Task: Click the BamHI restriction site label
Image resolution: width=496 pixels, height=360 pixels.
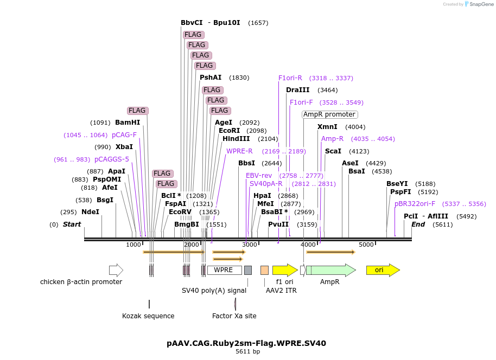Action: point(128,123)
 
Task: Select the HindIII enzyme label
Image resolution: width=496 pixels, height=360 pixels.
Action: point(236,139)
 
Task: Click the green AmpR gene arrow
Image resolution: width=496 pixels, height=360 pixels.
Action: point(330,270)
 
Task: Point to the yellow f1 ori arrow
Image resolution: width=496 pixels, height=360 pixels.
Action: point(284,270)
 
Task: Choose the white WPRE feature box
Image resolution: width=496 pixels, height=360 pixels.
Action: point(224,270)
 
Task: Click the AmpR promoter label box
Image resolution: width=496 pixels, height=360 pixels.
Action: point(329,114)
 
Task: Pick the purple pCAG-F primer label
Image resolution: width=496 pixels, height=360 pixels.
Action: point(124,135)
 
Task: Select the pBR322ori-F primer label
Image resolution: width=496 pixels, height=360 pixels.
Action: point(415,204)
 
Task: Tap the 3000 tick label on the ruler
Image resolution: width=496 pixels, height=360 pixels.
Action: point(249,245)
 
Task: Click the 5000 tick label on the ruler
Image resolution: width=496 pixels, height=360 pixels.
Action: point(366,245)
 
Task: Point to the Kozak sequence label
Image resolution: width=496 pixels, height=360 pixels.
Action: point(148,316)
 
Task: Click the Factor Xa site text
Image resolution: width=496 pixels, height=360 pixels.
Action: point(234,316)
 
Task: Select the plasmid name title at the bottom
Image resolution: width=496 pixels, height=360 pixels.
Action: point(246,343)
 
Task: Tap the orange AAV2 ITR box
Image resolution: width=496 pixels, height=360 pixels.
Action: point(264,270)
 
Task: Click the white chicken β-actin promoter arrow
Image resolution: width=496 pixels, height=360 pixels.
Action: point(116,270)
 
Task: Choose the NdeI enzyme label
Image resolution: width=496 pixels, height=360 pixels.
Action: point(90,212)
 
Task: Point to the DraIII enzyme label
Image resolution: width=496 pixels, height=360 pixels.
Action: point(297,90)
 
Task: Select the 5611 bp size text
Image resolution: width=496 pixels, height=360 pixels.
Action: point(247,352)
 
